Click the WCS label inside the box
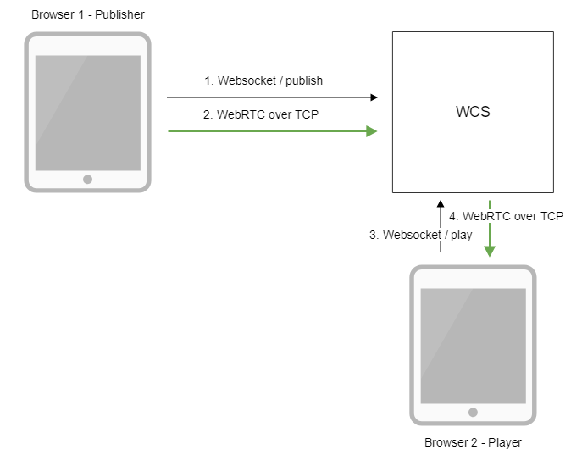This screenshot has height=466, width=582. coord(473,112)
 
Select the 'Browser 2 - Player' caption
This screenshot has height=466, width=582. coord(473,442)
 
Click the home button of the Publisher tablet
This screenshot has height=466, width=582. coord(87,179)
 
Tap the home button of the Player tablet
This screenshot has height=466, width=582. coord(473,412)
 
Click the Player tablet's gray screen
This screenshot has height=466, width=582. coord(473,344)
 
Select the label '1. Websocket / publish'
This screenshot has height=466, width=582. coord(263,81)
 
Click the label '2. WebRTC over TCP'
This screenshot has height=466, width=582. coord(261,114)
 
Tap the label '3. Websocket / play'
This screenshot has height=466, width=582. coord(421,235)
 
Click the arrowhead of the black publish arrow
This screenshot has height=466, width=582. coord(374,97)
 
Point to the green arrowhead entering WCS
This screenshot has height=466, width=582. coord(372,131)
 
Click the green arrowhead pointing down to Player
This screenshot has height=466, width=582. coord(490,252)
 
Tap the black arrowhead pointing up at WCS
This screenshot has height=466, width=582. coord(440,205)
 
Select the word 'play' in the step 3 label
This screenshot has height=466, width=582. coord(461,235)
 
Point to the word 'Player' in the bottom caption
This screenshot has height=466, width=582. coord(504,442)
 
